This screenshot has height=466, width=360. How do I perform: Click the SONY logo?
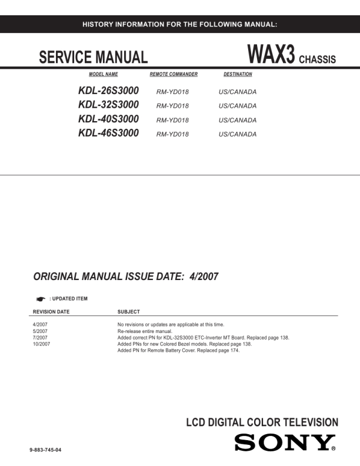[285, 443]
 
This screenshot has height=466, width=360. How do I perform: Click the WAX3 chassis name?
[271, 56]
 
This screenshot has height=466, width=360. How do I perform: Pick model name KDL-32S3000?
[108, 105]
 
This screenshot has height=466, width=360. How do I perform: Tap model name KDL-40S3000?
[108, 119]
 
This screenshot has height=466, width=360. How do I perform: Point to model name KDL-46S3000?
[108, 134]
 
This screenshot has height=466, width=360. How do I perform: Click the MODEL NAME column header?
[104, 75]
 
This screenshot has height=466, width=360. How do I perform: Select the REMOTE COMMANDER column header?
[174, 75]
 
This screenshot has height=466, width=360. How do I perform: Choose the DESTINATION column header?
[238, 75]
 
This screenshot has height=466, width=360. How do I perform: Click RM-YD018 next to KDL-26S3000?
[172, 92]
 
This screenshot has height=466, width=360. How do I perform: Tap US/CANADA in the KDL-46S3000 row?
[238, 134]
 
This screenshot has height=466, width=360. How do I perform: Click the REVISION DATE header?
[51, 312]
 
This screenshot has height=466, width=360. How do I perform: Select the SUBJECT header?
[129, 312]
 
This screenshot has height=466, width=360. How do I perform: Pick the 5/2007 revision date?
[40, 331]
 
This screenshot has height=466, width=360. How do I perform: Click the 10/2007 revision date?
[41, 344]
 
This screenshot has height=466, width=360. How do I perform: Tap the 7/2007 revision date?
[40, 338]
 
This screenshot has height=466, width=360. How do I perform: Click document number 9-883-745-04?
[45, 450]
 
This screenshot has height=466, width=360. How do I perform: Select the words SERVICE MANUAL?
[93, 58]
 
